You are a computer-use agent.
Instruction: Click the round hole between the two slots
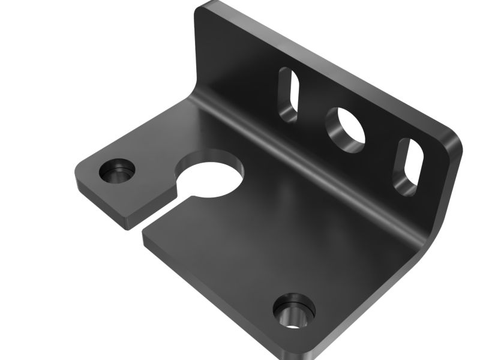point(346,130)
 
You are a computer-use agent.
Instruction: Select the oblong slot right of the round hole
point(409,167)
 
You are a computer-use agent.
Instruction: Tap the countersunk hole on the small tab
point(116,172)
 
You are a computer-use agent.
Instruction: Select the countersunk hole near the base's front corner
point(293,310)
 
